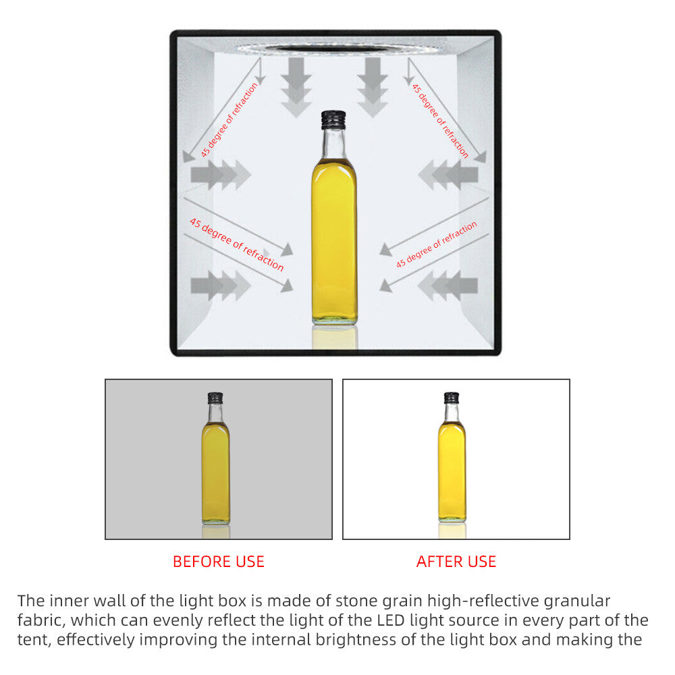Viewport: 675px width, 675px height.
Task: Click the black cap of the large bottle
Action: pyautogui.click(x=333, y=119)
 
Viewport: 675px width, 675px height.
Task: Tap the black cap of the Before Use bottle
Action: pyautogui.click(x=215, y=398)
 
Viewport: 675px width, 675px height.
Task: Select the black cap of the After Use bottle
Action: pyautogui.click(x=452, y=398)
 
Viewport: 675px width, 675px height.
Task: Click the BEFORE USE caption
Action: pyautogui.click(x=219, y=562)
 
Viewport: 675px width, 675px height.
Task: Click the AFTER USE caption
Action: pyautogui.click(x=456, y=562)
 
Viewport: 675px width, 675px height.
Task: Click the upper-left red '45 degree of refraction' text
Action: pyautogui.click(x=230, y=119)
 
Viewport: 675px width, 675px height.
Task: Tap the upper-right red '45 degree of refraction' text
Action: pyautogui.click(x=440, y=121)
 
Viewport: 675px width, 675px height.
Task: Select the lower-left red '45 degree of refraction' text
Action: pyautogui.click(x=237, y=244)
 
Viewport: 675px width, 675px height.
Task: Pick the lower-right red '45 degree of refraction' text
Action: pyautogui.click(x=437, y=244)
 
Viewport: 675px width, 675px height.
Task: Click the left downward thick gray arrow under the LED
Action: pyautogui.click(x=296, y=87)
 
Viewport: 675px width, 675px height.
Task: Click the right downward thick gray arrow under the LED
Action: pyautogui.click(x=373, y=87)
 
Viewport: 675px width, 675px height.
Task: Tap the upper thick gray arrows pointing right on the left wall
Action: pyautogui.click(x=221, y=175)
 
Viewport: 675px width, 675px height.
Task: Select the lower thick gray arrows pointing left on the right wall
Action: pyautogui.click(x=448, y=286)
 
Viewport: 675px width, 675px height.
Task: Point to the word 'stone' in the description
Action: pyautogui.click(x=358, y=601)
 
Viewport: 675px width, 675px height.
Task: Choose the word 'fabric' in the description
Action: pyautogui.click(x=40, y=620)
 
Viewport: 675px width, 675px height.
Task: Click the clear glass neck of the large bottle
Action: pyautogui.click(x=333, y=144)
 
